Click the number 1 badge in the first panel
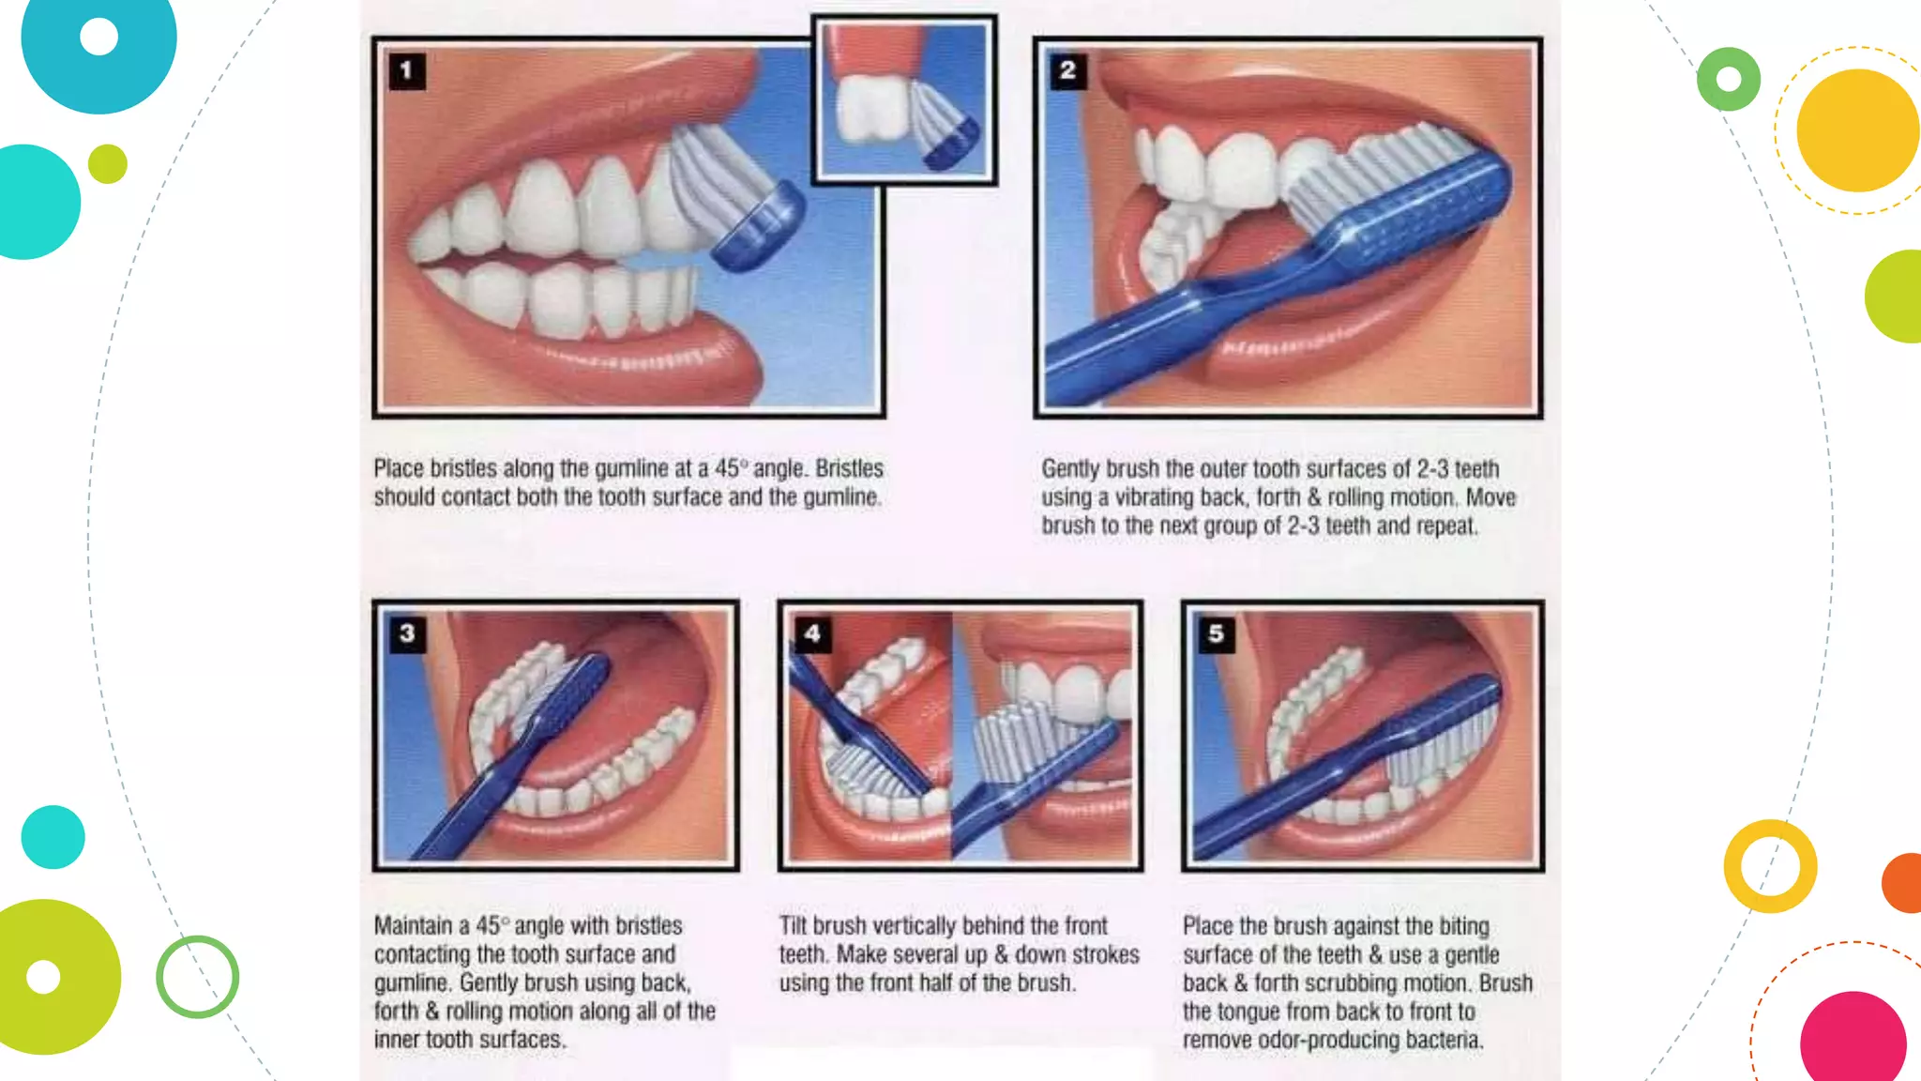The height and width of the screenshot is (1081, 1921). coord(406,70)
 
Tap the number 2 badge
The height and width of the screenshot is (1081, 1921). coord(1067,70)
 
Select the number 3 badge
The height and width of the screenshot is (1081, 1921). coord(407,633)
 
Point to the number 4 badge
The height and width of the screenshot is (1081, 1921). coord(812,633)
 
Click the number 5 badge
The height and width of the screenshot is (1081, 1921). coord(1216,633)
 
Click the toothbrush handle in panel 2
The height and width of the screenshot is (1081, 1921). coord(1172,319)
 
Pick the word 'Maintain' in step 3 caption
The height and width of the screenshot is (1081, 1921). coord(413,925)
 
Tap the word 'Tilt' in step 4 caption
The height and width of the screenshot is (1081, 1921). coord(793,925)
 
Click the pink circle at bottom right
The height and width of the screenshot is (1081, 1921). coord(1853,1040)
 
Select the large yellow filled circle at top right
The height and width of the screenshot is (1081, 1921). coord(1857,130)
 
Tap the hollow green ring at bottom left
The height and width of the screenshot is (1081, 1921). coord(197,977)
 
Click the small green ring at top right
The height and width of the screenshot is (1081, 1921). coord(1728,79)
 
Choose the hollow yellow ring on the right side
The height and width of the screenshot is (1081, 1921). coord(1770,866)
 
